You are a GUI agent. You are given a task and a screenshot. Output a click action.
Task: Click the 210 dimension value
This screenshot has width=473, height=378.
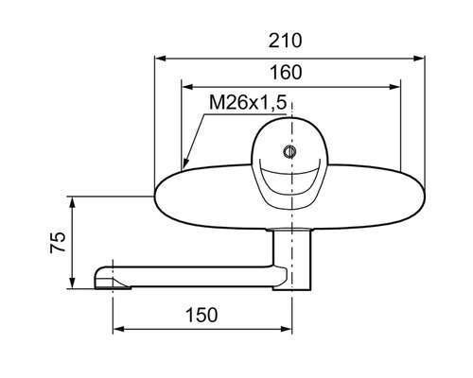point(285,41)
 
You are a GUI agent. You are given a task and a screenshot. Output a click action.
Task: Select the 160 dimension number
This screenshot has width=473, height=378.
point(286,72)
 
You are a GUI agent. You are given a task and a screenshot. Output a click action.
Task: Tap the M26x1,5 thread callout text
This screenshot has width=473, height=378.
point(248,103)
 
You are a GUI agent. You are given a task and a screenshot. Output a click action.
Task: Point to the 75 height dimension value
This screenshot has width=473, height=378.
point(58,242)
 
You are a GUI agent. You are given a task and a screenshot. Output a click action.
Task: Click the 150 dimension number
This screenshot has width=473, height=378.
point(201,315)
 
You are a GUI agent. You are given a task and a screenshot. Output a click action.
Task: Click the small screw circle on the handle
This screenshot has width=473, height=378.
point(289,152)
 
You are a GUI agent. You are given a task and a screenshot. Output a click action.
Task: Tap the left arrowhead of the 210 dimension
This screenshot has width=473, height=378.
point(160,59)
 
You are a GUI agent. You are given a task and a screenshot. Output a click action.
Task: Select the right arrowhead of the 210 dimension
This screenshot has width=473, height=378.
point(419,59)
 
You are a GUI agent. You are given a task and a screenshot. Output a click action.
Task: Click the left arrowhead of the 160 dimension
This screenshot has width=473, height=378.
point(187,87)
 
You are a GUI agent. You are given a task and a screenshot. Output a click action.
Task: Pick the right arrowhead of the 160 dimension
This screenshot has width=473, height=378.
point(394,87)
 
